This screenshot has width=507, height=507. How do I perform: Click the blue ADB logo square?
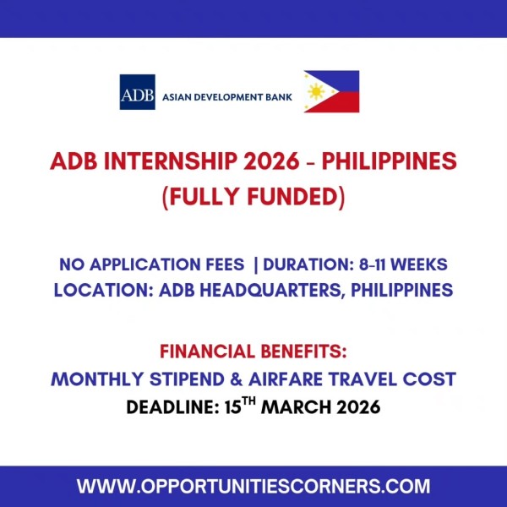click(138, 91)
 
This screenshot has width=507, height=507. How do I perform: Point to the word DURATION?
click(308, 264)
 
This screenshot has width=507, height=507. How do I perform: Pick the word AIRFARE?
click(305, 378)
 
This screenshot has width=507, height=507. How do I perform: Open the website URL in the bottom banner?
click(253, 487)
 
